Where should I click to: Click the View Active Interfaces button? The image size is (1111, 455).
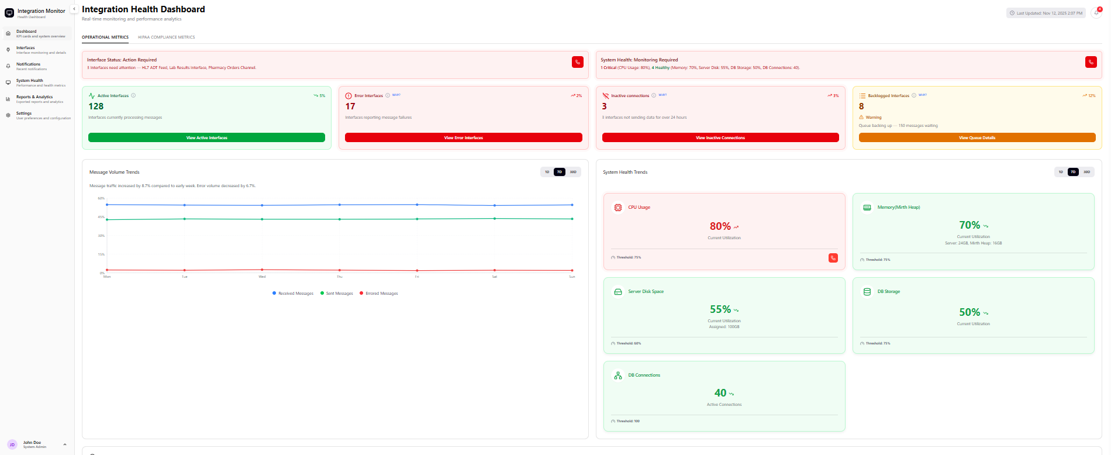pos(206,137)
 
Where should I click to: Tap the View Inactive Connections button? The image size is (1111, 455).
pos(720,137)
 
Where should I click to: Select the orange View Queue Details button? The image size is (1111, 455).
pos(977,137)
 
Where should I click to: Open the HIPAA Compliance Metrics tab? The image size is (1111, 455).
pos(166,37)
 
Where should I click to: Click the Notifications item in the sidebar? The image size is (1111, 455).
pos(29,64)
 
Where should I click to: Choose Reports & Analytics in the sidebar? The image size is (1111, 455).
pos(34,97)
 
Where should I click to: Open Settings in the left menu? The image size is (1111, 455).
pos(24,113)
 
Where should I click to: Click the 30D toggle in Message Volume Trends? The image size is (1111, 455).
pos(573,172)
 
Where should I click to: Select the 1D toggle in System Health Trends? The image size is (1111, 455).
pos(1061,172)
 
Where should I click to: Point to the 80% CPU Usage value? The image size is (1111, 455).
pos(720,226)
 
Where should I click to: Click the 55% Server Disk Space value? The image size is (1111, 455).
pos(720,309)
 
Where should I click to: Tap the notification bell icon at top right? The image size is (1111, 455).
pos(1096,13)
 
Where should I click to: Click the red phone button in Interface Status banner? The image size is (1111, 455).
pos(578,62)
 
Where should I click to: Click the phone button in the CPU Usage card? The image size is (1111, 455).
pos(833,258)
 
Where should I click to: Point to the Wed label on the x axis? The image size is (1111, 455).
pos(262,277)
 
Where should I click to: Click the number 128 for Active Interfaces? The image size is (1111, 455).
pos(96,106)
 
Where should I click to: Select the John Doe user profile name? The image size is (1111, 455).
pos(32,443)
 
